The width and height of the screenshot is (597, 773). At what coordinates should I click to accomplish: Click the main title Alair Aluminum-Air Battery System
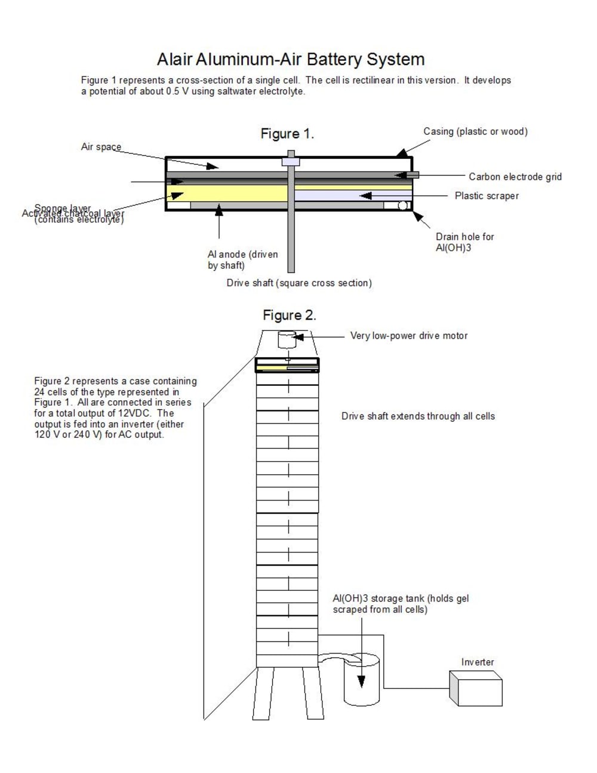[291, 59]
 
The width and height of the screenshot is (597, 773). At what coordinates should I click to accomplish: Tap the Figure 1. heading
[287, 134]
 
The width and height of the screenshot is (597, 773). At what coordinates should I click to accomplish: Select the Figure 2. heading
[290, 315]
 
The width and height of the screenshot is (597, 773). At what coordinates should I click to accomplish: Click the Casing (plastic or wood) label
[475, 131]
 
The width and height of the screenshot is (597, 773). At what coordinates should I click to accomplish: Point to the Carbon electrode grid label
[515, 177]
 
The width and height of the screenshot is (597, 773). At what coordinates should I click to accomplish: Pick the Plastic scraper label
[487, 196]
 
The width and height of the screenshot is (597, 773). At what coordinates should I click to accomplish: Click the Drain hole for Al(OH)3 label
[464, 242]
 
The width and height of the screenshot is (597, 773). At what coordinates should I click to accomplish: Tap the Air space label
[101, 147]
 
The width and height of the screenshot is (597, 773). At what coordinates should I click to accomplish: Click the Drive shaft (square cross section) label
[299, 283]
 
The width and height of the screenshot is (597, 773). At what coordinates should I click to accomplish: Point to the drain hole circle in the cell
[403, 205]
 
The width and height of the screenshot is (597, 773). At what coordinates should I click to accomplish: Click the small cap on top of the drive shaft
[291, 161]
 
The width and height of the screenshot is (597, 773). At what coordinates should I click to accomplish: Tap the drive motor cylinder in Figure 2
[287, 340]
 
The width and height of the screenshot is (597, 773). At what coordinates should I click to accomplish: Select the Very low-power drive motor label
[409, 336]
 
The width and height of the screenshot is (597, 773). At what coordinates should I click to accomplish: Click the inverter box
[476, 688]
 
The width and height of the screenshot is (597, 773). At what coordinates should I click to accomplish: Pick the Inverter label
[478, 662]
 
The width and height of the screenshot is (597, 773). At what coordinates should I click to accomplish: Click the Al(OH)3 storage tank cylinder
[362, 681]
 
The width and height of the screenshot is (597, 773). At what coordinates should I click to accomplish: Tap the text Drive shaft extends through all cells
[418, 416]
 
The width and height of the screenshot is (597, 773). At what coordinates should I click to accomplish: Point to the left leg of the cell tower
[263, 693]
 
